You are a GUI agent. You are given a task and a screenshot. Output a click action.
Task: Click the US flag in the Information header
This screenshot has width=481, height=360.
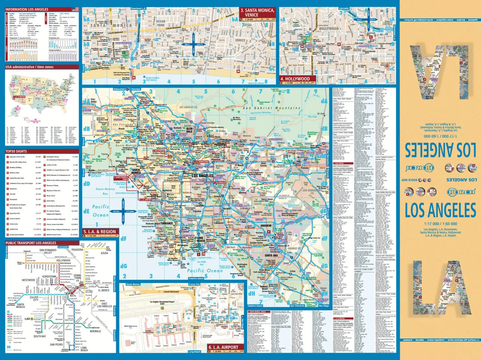click(x=75, y=9)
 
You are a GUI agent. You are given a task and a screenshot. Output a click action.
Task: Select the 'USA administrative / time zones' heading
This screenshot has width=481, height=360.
click(x=29, y=67)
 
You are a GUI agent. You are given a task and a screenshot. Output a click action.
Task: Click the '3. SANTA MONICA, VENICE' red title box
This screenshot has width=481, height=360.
click(x=257, y=13)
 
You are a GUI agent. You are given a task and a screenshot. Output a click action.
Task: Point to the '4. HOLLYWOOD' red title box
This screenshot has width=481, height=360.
click(x=295, y=79)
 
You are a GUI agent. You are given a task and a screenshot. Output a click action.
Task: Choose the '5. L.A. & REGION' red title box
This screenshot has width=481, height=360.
click(x=99, y=232)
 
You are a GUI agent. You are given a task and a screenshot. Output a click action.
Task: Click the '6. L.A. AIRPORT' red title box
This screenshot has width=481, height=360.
click(x=224, y=347)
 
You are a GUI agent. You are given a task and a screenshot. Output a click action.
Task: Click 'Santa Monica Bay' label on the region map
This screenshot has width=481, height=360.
click(x=105, y=191)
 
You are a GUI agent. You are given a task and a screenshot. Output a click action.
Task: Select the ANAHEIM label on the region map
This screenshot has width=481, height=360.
click(x=266, y=226)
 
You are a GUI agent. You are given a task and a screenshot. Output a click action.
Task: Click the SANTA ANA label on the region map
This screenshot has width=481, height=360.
click(x=271, y=255)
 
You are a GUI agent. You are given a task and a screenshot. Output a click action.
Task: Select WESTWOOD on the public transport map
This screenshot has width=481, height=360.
click(x=28, y=280)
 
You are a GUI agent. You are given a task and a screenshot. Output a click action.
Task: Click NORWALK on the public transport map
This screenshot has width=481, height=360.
click(x=95, y=331)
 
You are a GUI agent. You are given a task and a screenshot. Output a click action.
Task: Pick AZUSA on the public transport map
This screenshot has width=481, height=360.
click(x=104, y=253)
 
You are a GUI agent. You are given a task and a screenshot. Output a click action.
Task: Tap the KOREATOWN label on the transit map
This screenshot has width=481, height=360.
click(x=49, y=276)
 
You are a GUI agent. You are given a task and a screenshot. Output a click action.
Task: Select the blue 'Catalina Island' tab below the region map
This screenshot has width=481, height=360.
click(x=197, y=279)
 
